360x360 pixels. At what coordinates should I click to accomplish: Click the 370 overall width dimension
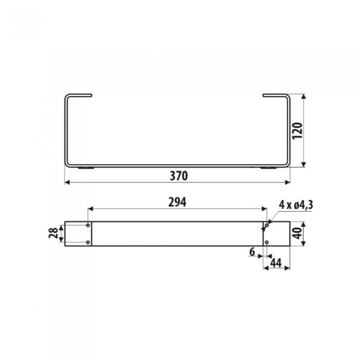(x=178, y=175)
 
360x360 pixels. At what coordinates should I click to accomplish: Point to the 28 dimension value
(x=52, y=234)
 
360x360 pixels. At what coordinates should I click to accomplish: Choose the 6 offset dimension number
(x=252, y=252)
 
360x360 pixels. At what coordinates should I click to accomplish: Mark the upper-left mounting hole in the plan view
(x=88, y=226)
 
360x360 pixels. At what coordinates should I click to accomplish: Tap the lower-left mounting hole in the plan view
(x=88, y=242)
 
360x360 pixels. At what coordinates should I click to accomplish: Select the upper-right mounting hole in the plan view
(x=267, y=226)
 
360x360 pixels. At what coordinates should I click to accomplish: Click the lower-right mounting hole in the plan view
(x=267, y=242)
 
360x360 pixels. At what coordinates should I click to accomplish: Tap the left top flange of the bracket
(x=79, y=95)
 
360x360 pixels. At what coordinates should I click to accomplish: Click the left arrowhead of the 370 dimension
(x=67, y=182)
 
